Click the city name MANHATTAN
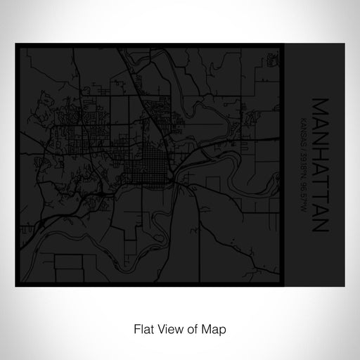tap(319, 165)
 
